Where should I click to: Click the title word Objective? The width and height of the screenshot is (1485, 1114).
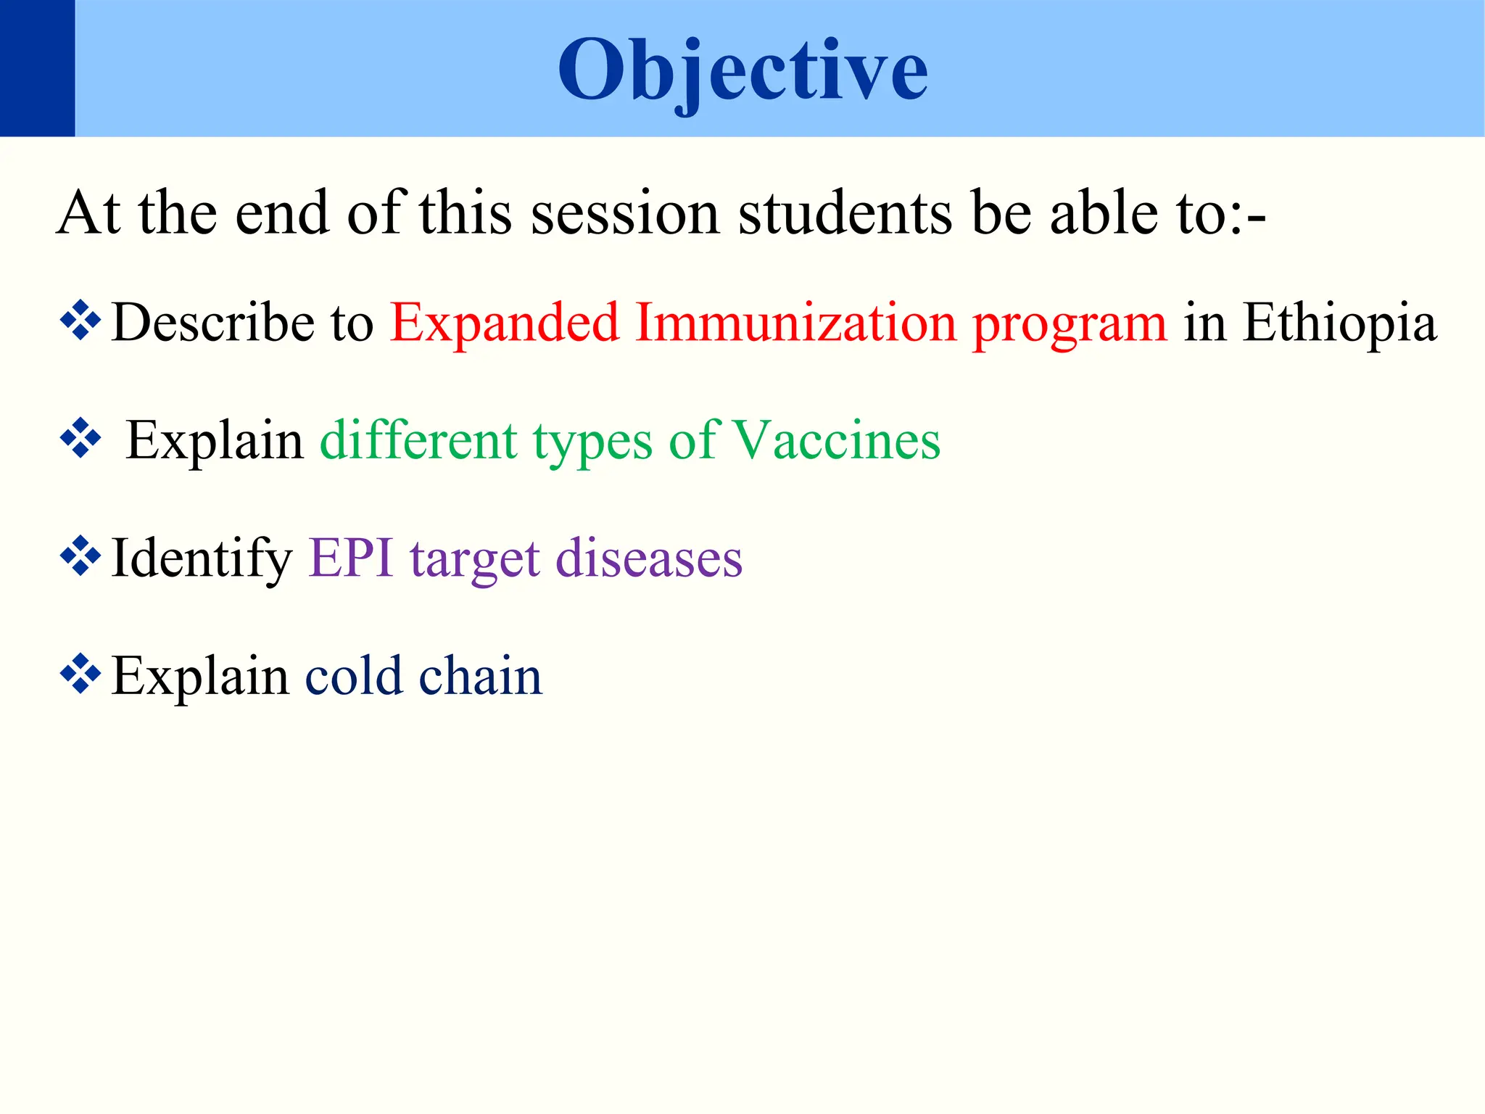coord(742,70)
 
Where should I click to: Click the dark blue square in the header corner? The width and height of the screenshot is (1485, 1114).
coord(37,68)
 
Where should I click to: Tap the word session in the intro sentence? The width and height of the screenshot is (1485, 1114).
coord(624,213)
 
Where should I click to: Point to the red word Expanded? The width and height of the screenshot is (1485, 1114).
coord(505,323)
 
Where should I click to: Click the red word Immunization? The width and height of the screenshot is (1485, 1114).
coord(795,322)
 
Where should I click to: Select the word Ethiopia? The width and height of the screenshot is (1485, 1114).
coord(1339,323)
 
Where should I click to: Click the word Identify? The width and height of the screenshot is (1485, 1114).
coord(201,558)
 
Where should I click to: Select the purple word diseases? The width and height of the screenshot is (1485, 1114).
coord(649,558)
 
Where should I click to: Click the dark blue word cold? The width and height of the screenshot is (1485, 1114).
coord(353,675)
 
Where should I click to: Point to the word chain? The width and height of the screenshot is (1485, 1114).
coord(480,675)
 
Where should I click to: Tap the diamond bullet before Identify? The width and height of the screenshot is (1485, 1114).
coord(80,556)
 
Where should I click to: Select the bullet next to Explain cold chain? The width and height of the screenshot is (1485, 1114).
coord(80,674)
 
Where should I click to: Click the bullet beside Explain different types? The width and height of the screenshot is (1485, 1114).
coord(80,438)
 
